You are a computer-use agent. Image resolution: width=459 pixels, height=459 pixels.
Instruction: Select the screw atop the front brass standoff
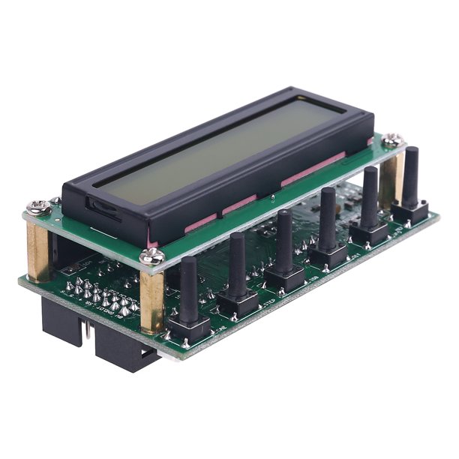(x=154, y=258)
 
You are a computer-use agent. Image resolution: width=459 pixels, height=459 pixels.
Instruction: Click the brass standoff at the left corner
(x=39, y=247)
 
